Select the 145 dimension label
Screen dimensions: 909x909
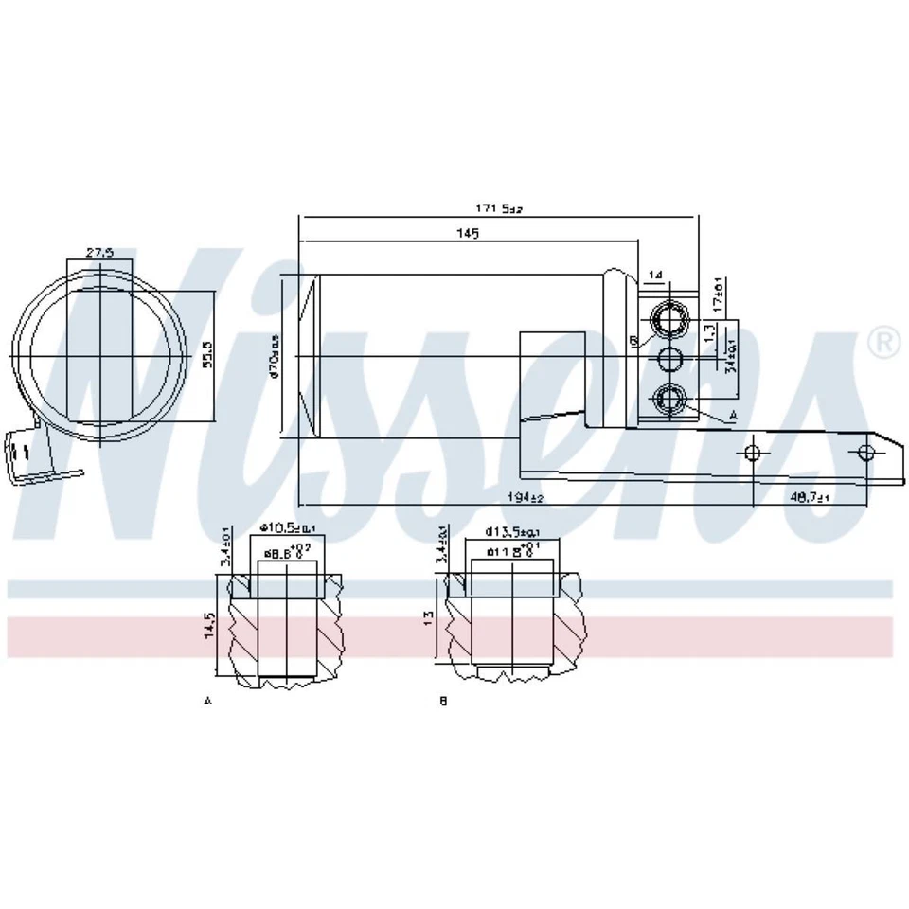[x=467, y=233]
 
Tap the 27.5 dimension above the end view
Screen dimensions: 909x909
[x=99, y=252]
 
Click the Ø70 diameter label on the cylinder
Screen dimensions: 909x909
[x=276, y=356]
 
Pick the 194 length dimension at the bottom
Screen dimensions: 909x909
[x=524, y=497]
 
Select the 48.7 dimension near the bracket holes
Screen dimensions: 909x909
[x=810, y=497]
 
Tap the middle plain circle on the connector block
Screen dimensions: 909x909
[x=671, y=358]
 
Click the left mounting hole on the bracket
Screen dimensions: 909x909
[x=753, y=453]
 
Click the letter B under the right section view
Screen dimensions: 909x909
[x=442, y=702]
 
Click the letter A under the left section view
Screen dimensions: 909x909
[x=206, y=702]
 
